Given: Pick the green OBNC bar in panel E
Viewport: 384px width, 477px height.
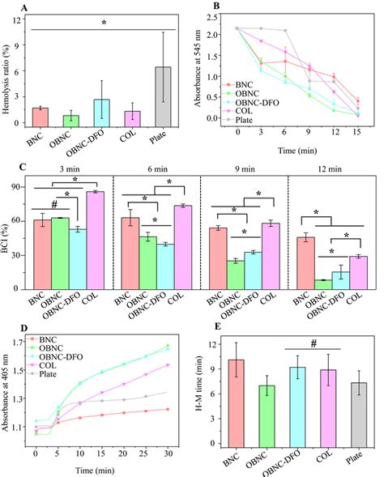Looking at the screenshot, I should [x=264, y=415].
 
